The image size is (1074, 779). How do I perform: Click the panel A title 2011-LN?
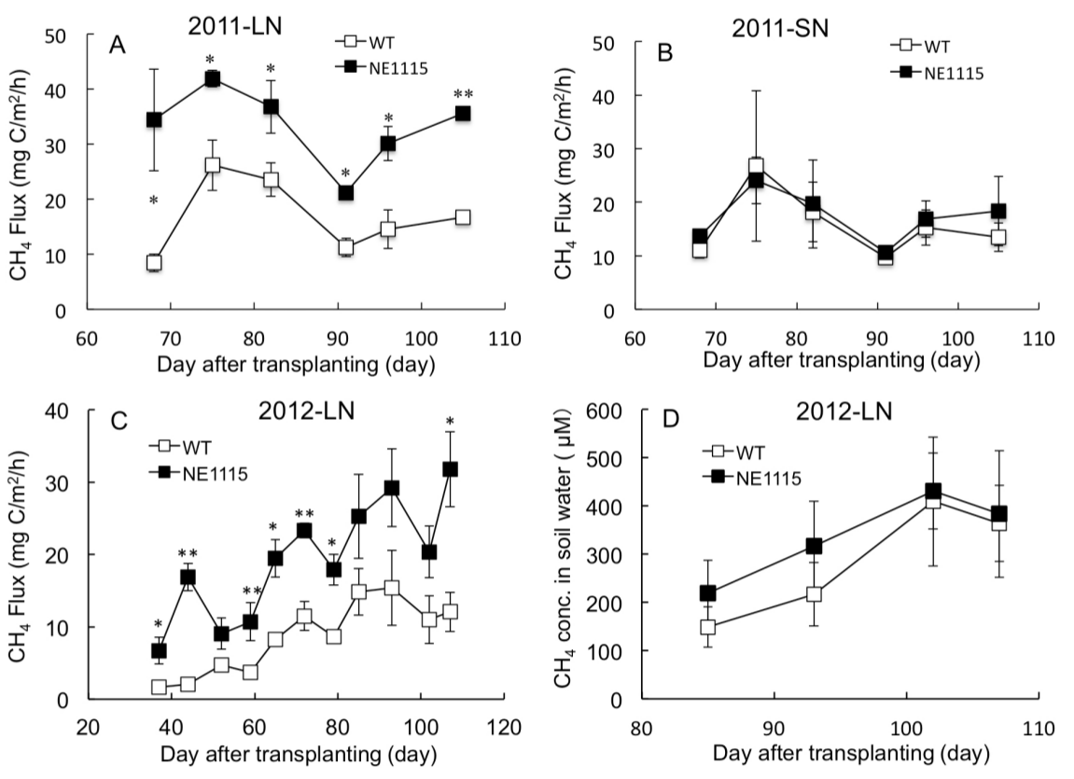point(235,26)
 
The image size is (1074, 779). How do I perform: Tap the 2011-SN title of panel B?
point(780,29)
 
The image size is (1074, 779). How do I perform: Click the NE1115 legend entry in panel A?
point(383,67)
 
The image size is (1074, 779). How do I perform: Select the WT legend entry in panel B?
point(921,46)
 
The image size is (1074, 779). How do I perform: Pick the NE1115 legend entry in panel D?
point(752,478)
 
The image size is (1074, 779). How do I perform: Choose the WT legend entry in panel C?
point(181,448)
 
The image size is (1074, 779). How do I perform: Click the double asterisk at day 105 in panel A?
point(463,94)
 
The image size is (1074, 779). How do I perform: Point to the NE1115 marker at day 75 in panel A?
point(213,79)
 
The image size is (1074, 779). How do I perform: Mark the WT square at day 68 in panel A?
point(154,262)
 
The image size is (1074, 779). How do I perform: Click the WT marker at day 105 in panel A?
point(463,217)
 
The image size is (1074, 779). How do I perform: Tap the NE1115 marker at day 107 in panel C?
point(450,469)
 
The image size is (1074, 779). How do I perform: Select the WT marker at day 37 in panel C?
point(159,687)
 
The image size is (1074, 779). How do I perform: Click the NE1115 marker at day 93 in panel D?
point(814,546)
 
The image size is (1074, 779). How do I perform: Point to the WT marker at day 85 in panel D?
point(707,626)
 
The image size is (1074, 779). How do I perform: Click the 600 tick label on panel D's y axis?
point(609,410)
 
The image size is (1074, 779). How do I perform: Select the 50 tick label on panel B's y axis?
point(616,42)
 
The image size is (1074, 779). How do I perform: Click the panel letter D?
point(671,418)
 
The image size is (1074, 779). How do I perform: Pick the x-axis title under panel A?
point(296,364)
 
